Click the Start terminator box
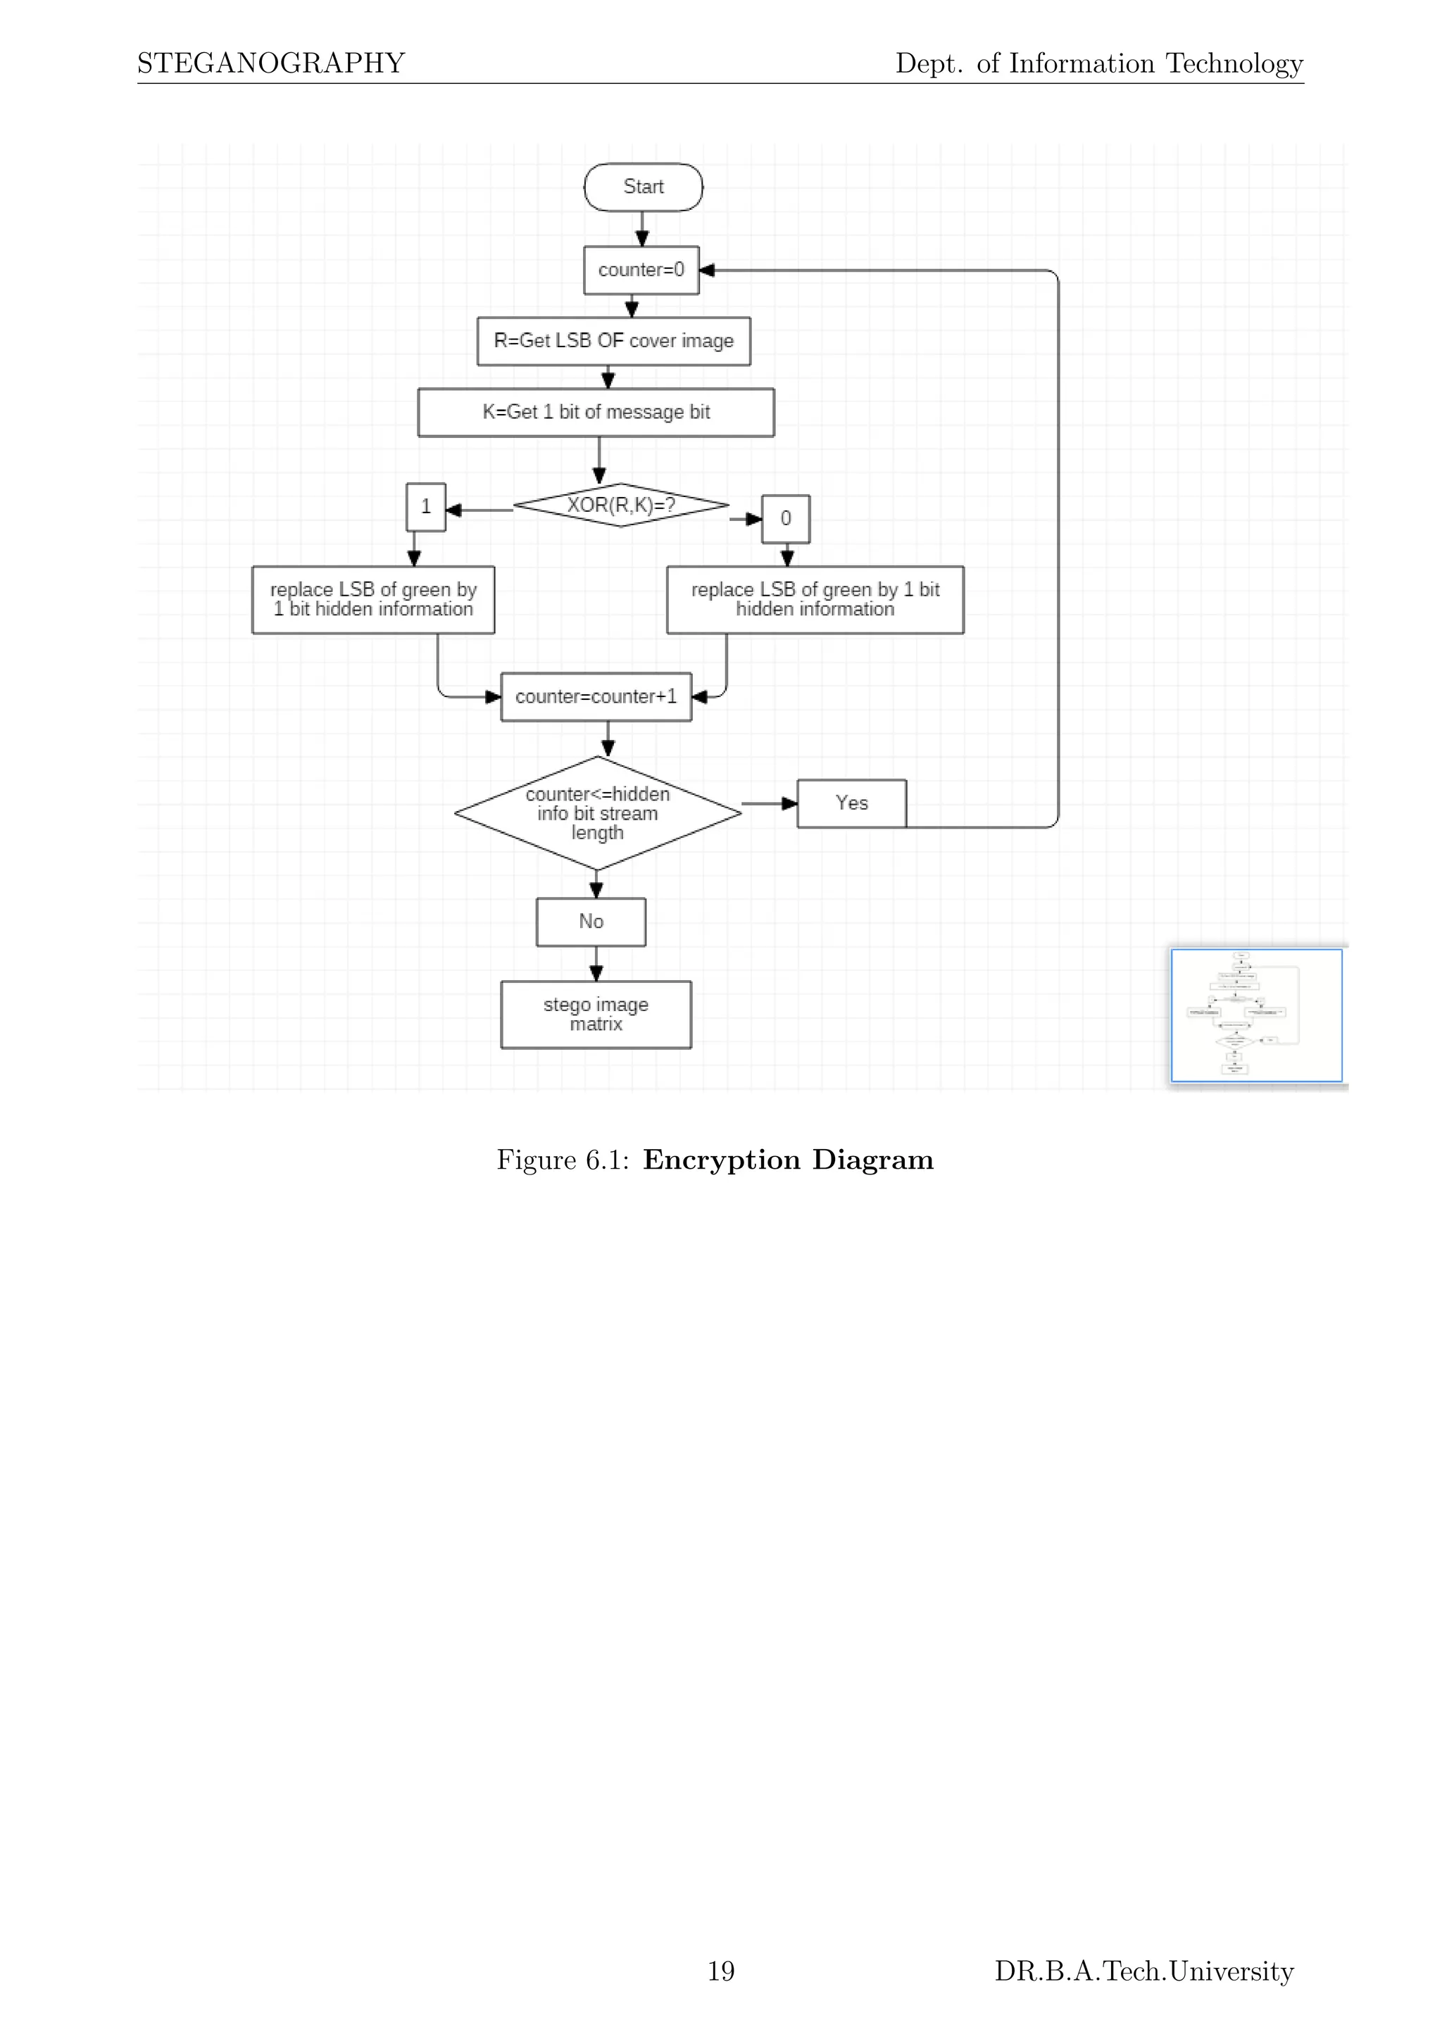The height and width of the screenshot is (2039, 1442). [643, 187]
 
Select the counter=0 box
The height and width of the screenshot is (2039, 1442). [641, 270]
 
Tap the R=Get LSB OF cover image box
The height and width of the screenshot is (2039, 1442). [613, 341]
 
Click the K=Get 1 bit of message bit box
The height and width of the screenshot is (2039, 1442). [596, 412]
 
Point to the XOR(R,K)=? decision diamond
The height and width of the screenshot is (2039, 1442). [620, 506]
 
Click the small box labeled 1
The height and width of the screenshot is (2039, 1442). [425, 507]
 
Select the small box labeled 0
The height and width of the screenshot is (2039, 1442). [786, 519]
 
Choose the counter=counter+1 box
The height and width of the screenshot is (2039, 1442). [596, 697]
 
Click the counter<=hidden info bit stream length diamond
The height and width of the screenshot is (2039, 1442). [598, 813]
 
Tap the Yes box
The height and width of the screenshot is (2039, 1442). [851, 803]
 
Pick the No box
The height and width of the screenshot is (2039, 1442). [591, 922]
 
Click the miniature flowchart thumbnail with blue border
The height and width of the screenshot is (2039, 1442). [1255, 1015]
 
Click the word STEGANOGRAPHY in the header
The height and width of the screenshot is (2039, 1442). [271, 63]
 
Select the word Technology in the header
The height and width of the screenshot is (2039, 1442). [1234, 63]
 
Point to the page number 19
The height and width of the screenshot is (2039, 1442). [720, 1971]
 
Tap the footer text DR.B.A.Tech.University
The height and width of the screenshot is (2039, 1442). [1143, 1971]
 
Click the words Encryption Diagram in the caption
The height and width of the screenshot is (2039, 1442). [788, 1160]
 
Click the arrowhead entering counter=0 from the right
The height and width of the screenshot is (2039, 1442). [708, 270]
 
